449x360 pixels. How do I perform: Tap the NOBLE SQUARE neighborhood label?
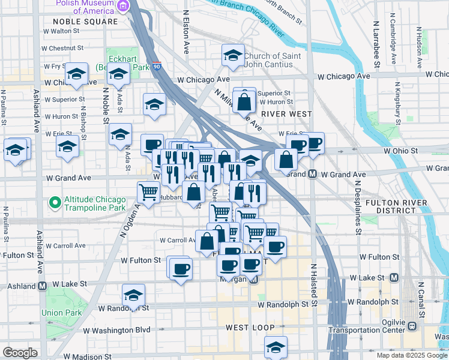[81, 21]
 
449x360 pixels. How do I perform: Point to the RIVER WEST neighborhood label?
[286, 113]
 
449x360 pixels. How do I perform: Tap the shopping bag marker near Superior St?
[245, 102]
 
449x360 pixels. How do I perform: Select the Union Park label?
[57, 313]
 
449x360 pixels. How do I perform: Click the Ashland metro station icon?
[43, 286]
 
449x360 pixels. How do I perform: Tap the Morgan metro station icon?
[253, 280]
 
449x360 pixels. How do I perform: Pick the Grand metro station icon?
[313, 174]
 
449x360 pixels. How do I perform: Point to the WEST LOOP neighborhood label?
[250, 328]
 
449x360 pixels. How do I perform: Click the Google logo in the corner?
[20, 353]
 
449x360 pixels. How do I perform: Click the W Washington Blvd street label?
[116, 330]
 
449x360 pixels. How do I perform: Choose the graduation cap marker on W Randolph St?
[133, 295]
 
